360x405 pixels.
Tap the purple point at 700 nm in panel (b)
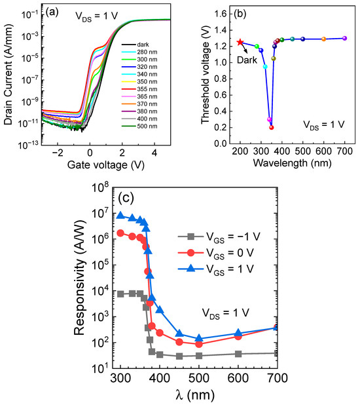345,39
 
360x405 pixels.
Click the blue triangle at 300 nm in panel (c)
120,215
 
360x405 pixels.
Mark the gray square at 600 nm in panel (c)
238,354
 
